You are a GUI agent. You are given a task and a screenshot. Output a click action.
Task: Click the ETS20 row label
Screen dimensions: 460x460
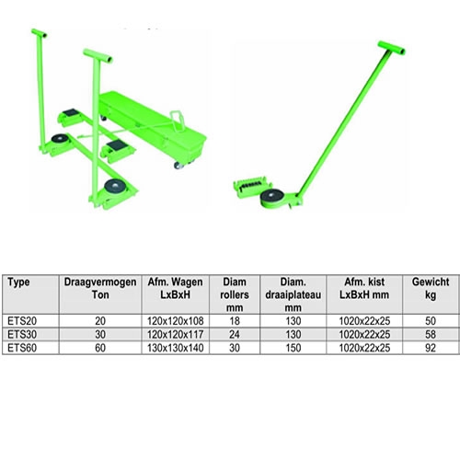pyautogui.click(x=22, y=321)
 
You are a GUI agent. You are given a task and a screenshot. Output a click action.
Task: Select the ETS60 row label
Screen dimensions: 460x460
pyautogui.click(x=22, y=348)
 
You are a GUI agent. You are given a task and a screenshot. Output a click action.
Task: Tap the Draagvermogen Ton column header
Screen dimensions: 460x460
pyautogui.click(x=100, y=288)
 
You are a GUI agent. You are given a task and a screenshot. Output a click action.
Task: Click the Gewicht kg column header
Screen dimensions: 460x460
pyautogui.click(x=431, y=288)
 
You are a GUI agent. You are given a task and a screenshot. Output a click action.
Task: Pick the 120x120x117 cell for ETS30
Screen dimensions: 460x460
pyautogui.click(x=176, y=335)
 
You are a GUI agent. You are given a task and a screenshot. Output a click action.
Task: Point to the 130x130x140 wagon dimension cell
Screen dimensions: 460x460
pyautogui.click(x=176, y=348)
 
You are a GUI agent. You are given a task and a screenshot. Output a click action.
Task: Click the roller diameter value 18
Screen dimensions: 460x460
pyautogui.click(x=235, y=321)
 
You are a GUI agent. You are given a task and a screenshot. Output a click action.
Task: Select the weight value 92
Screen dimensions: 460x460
pyautogui.click(x=431, y=348)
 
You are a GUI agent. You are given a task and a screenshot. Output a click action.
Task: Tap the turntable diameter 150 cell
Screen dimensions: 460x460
pyautogui.click(x=293, y=348)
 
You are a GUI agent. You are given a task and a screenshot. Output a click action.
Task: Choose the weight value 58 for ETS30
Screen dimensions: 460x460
pyautogui.click(x=431, y=335)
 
